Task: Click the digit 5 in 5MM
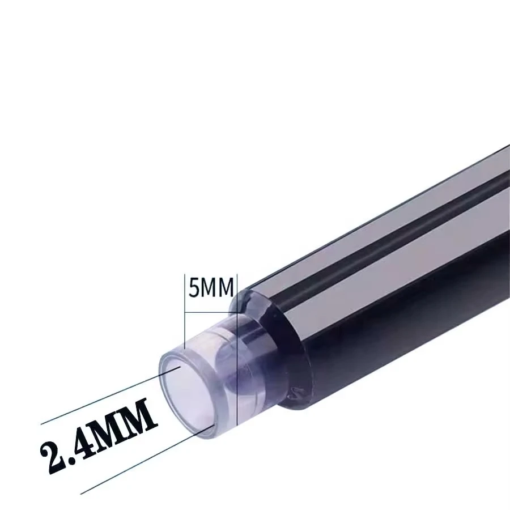[194, 288]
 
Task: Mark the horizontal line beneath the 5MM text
[210, 312]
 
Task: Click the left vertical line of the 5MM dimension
[186, 317]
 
